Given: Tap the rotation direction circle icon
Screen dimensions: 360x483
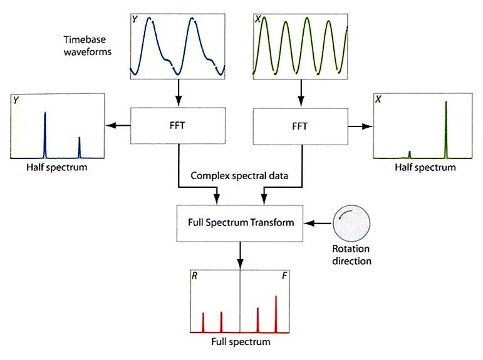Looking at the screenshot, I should point(351,222).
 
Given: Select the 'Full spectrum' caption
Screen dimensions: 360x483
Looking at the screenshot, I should point(241,342).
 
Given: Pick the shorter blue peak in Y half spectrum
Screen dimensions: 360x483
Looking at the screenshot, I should point(79,147).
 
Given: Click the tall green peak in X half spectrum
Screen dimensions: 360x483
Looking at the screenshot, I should point(445,128).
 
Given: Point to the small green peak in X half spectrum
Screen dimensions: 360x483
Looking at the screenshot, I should point(409,154).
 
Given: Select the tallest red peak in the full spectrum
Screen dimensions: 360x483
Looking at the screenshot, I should point(276,313).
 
